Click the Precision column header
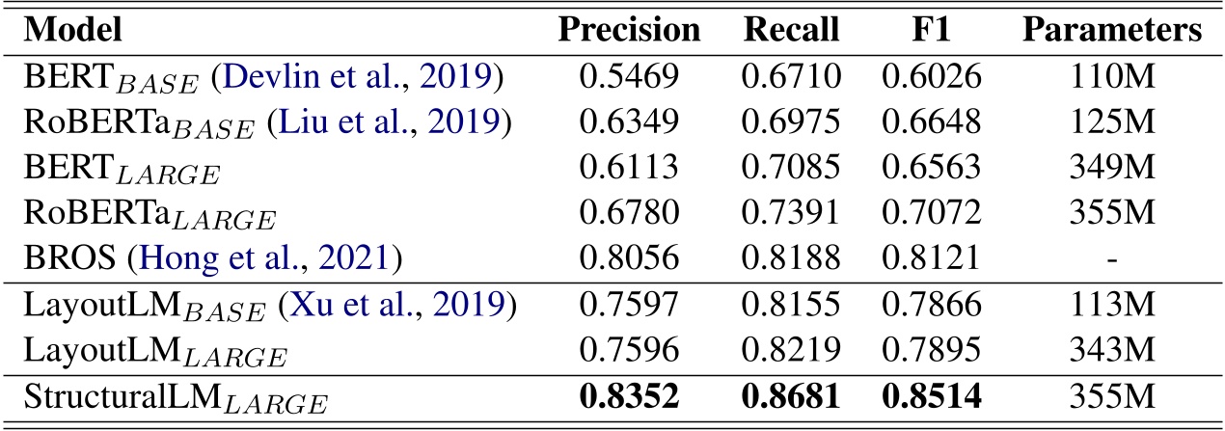click(x=630, y=31)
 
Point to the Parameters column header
click(x=1112, y=31)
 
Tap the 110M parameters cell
click(x=1112, y=75)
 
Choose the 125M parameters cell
click(x=1112, y=120)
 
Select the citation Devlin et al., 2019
click(x=305, y=75)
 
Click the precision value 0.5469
click(x=630, y=75)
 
